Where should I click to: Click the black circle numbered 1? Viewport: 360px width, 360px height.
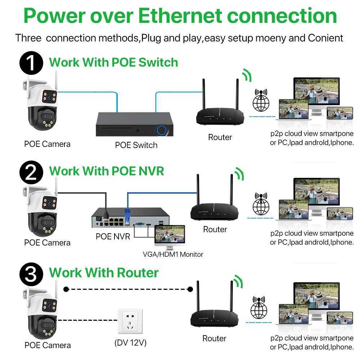32,63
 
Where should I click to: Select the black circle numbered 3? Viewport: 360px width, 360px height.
32,273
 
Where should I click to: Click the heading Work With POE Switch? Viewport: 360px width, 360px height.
113,62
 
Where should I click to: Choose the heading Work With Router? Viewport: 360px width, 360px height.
104,273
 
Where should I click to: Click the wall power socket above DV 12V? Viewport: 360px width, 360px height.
130,321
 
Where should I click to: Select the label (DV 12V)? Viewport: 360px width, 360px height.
130,342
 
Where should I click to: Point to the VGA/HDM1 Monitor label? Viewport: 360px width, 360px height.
173,255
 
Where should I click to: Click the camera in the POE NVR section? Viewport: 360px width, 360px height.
41,212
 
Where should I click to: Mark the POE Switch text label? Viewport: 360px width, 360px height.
136,145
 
